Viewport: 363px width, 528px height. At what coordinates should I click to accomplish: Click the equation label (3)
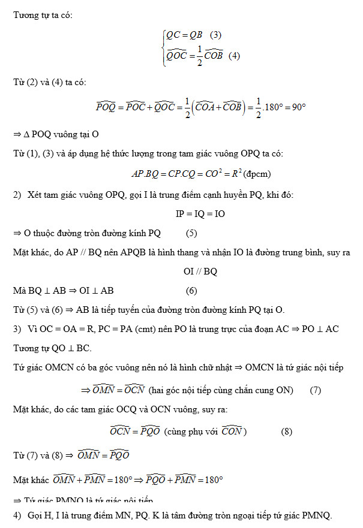pos(215,35)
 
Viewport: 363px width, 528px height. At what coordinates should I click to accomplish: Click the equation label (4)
pos(234,56)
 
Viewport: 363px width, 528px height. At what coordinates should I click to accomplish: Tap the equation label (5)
pos(191,233)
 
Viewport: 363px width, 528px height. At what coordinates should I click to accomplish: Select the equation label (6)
pos(191,291)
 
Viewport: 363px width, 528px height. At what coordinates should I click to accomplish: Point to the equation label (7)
pos(316,390)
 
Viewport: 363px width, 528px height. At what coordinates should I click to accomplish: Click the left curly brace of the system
pos(163,45)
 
